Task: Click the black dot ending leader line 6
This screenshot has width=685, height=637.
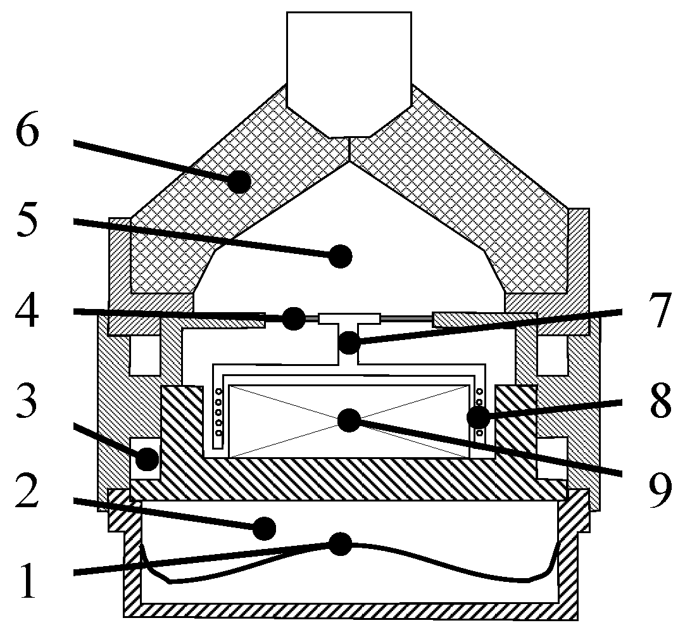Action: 239,182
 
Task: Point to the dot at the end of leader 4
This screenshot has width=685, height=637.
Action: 293,318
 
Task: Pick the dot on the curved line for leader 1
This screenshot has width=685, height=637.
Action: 341,543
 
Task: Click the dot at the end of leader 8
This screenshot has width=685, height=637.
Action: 477,418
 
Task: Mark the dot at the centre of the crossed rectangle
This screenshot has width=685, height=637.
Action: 349,420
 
